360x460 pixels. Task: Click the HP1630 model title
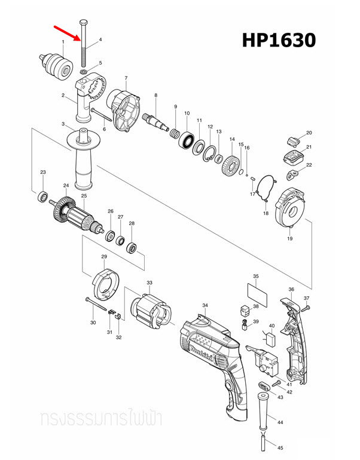click(278, 41)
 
